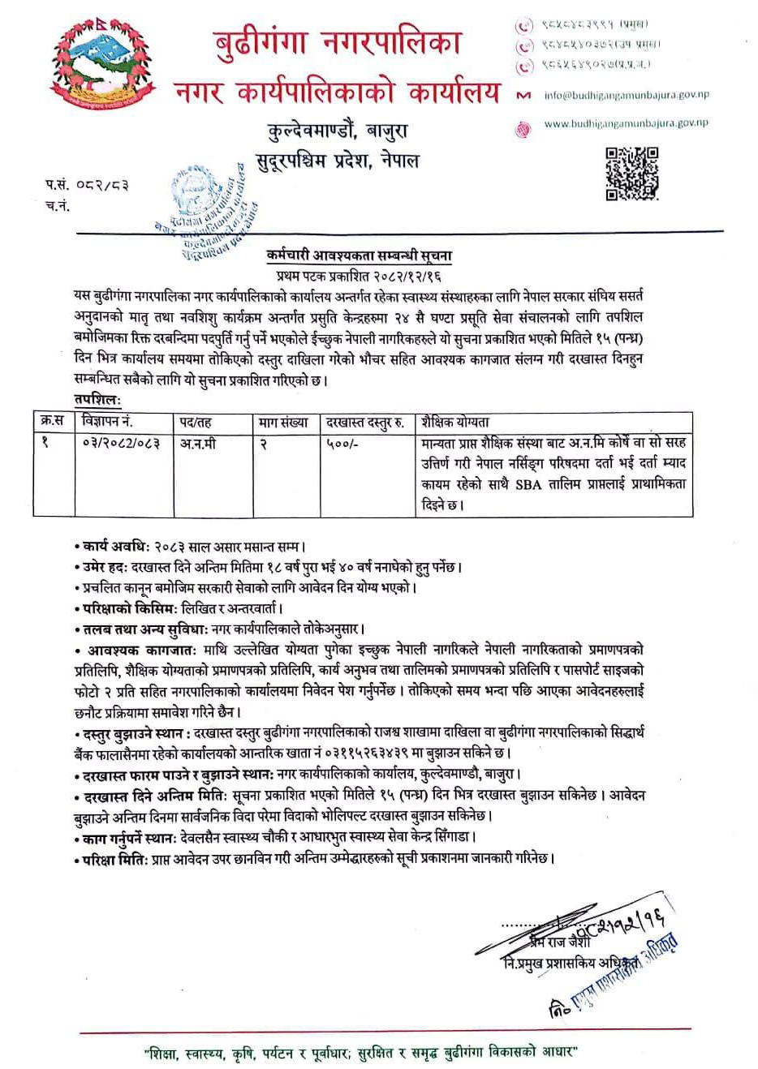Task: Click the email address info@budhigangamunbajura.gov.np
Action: tap(626, 95)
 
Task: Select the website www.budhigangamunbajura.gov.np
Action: tap(626, 124)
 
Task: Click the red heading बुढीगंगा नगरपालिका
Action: tap(338, 41)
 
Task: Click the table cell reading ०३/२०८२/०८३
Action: tap(121, 444)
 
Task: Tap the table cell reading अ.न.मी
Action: tap(198, 444)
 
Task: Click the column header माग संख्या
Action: tap(284, 422)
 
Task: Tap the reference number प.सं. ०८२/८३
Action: tap(87, 186)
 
